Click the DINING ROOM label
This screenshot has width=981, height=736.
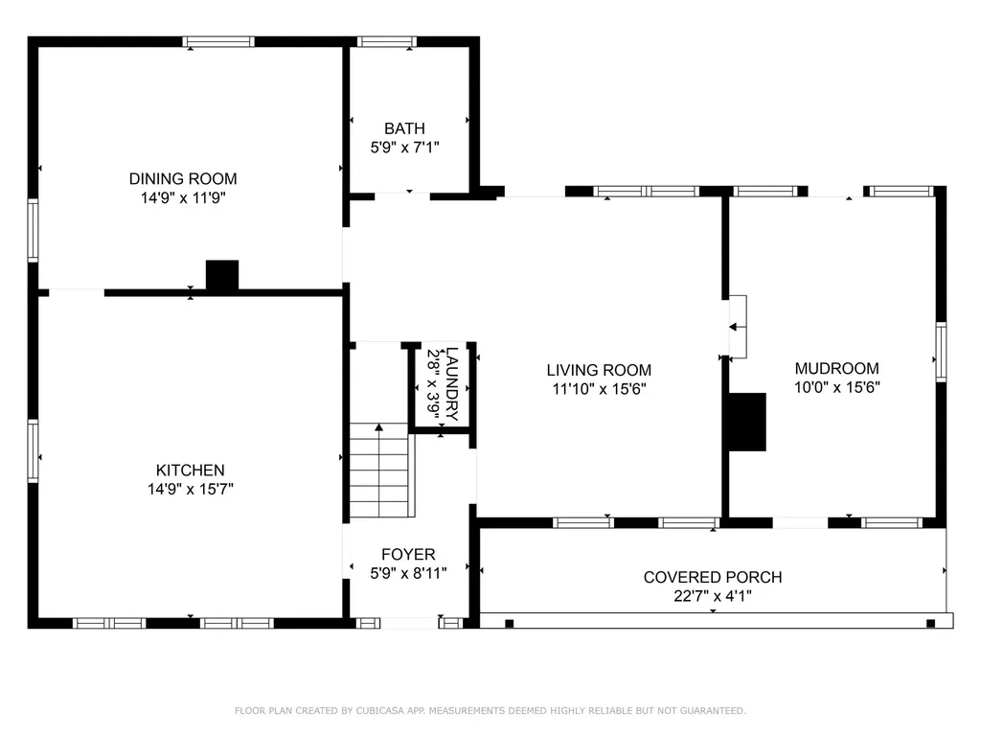[183, 179]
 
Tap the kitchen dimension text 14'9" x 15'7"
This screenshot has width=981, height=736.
[191, 489]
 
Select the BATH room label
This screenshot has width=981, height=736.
[405, 128]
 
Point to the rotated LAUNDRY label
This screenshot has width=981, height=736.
[452, 383]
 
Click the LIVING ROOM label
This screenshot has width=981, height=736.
[599, 370]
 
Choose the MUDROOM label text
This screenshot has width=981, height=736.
[837, 368]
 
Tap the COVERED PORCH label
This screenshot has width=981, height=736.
[713, 577]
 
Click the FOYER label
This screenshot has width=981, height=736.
[408, 555]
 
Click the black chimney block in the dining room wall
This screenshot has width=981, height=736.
[222, 275]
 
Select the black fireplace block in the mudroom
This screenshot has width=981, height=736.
[747, 422]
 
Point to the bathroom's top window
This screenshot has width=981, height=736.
[387, 42]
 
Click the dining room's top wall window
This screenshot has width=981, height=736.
[218, 42]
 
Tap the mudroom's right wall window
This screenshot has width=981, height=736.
[941, 352]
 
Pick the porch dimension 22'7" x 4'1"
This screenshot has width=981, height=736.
[713, 596]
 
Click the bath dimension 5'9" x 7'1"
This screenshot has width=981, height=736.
[405, 148]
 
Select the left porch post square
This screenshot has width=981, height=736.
[510, 623]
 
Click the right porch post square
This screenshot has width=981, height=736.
[930, 623]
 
